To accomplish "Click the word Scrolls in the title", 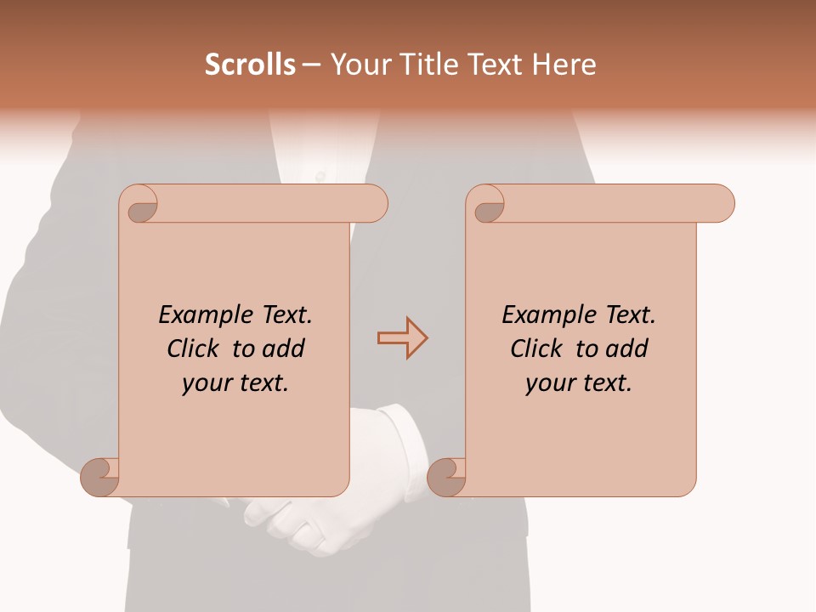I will (x=250, y=65).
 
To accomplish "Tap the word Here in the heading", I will (x=564, y=65).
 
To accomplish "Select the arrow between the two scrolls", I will (x=402, y=338).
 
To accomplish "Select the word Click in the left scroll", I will (x=195, y=349).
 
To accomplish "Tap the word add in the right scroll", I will (x=628, y=349).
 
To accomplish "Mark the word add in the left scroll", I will (x=285, y=349).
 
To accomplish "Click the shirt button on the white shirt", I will (x=320, y=176).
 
